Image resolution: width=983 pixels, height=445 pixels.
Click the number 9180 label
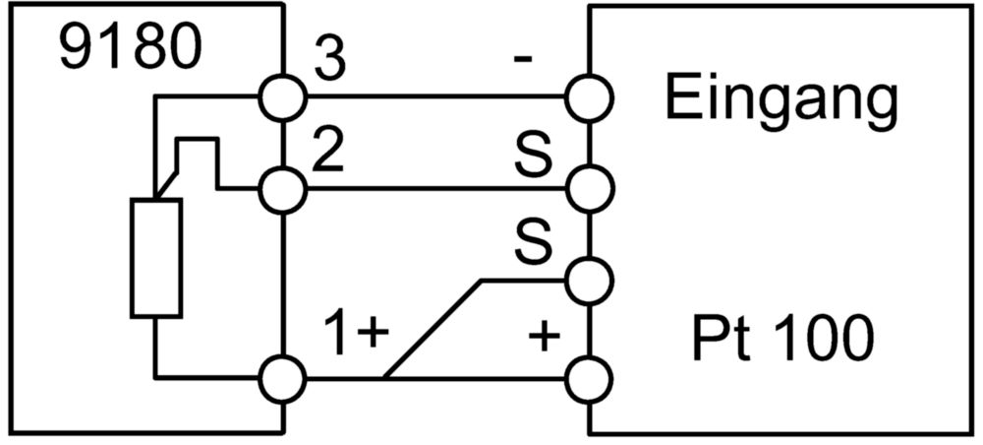pyautogui.click(x=131, y=47)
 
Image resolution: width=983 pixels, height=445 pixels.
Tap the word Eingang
pyautogui.click(x=781, y=103)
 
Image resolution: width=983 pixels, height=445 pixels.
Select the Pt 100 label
pyautogui.click(x=783, y=340)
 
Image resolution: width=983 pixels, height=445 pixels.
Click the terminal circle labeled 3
pyautogui.click(x=282, y=97)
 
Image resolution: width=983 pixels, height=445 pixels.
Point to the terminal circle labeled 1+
pyautogui.click(x=282, y=379)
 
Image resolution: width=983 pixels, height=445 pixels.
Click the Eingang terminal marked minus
pyautogui.click(x=589, y=97)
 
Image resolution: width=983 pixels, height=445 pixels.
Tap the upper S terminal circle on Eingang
pyautogui.click(x=589, y=188)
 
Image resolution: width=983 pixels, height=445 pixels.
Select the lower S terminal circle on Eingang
pyautogui.click(x=589, y=282)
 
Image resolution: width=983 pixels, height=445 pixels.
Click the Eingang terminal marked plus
pyautogui.click(x=589, y=379)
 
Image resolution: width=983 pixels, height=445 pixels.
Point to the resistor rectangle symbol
pyautogui.click(x=156, y=257)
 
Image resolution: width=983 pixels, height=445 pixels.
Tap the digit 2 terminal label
pyautogui.click(x=328, y=152)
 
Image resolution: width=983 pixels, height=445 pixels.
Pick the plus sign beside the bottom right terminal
pyautogui.click(x=544, y=338)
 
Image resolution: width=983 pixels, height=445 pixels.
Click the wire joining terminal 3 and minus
pyautogui.click(x=435, y=97)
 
